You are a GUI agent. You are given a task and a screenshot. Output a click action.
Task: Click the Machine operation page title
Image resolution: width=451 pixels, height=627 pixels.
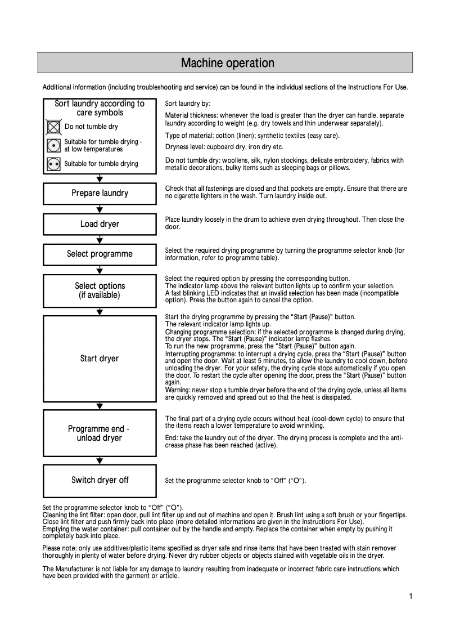[x=227, y=63]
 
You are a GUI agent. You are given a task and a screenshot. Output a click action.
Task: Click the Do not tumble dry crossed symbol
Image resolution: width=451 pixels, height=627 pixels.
[x=54, y=127]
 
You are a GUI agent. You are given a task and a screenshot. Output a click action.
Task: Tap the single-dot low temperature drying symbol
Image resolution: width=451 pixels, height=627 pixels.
[x=54, y=146]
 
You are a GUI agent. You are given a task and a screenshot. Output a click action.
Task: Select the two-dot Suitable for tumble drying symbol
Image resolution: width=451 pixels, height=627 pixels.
[x=54, y=164]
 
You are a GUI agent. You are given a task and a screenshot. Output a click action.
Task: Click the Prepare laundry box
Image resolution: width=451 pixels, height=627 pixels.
[x=100, y=194]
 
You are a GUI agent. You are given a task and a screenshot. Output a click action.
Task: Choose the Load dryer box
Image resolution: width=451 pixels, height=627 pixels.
[x=100, y=224]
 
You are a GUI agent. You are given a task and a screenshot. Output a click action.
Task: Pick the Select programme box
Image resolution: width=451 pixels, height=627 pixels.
[x=100, y=254]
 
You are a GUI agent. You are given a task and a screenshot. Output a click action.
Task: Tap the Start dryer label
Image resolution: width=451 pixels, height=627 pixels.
[x=100, y=359]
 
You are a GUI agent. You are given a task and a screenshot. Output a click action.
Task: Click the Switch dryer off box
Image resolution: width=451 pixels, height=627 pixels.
[x=100, y=480]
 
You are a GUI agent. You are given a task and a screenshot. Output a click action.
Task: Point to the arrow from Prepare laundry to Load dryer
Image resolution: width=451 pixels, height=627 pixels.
[x=100, y=209]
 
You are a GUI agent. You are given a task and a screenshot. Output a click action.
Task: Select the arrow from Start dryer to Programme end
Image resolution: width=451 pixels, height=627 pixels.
[x=100, y=405]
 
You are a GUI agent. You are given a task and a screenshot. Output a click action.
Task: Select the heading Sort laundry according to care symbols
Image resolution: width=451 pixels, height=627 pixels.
[x=100, y=108]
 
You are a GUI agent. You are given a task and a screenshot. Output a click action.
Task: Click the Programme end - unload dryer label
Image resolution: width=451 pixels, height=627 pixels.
[x=100, y=433]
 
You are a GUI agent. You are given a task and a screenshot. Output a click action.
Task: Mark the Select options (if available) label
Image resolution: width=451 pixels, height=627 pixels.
[x=100, y=290]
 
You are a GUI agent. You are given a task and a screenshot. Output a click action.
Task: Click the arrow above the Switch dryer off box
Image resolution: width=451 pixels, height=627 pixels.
[x=100, y=460]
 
